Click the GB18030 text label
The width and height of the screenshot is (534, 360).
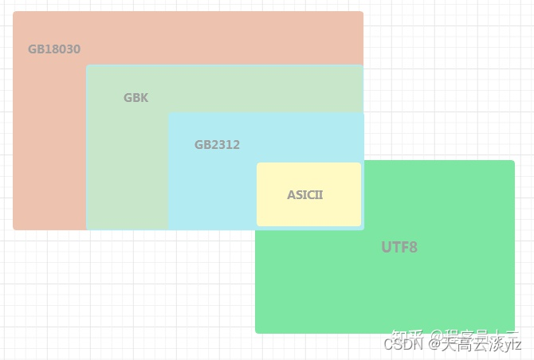coord(54,49)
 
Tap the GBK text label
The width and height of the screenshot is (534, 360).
coord(135,98)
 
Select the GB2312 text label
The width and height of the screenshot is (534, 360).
coord(217,145)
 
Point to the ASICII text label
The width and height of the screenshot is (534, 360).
coord(305,195)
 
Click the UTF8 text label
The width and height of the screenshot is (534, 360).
coord(399,247)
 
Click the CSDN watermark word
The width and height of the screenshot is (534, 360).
coord(402,345)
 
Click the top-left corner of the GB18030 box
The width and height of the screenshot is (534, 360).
coord(14,13)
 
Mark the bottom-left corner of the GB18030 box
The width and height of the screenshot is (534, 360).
coord(14,229)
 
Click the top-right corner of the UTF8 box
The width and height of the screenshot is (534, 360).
coord(513,162)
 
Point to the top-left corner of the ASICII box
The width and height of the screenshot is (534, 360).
coord(258,164)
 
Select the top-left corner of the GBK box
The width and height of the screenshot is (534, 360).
coord(88,66)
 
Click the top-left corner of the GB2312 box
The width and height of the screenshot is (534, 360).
coord(169,114)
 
